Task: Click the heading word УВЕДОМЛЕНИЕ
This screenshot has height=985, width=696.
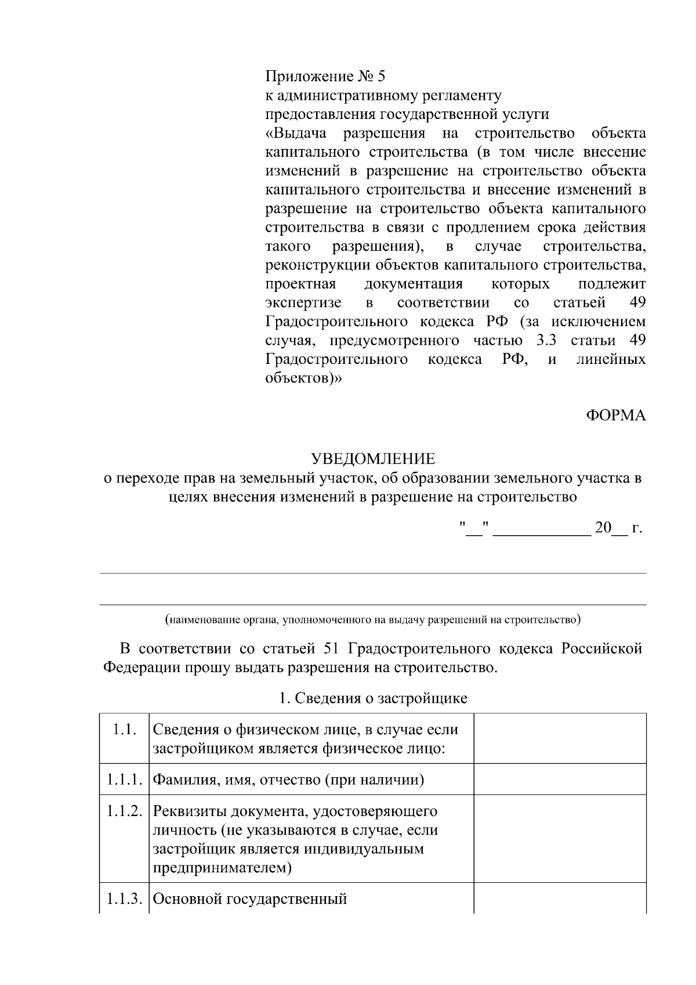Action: point(373,459)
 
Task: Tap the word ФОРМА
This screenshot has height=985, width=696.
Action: point(615,416)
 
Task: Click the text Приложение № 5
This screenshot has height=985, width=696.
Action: point(325,77)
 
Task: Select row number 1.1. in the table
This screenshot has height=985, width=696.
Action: point(124,730)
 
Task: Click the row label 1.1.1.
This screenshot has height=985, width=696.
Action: point(124,780)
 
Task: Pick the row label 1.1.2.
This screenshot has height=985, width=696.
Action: point(124,811)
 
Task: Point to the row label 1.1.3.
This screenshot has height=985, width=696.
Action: point(124,899)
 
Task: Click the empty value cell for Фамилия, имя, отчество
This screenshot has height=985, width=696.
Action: point(560,779)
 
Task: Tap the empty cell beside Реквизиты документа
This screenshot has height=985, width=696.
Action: point(560,839)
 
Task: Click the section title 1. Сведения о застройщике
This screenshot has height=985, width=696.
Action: point(373,698)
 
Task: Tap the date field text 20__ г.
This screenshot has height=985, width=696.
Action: point(618,528)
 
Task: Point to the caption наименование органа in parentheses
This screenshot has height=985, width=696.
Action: point(372,619)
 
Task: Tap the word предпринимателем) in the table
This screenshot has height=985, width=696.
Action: point(222,868)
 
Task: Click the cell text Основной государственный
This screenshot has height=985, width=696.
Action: point(250,899)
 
